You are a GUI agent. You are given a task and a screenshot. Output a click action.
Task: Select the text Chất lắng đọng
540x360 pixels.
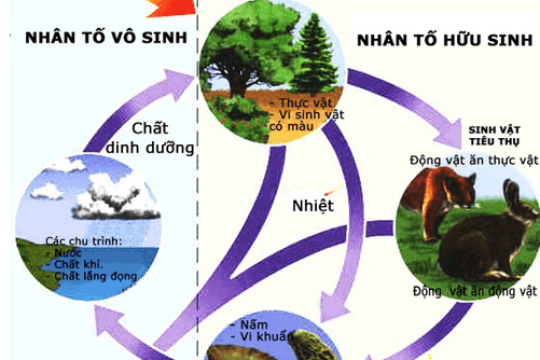91,274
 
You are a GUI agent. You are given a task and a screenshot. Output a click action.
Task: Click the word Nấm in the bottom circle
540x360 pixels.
258,325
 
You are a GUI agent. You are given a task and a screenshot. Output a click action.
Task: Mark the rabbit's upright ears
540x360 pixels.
511,200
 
